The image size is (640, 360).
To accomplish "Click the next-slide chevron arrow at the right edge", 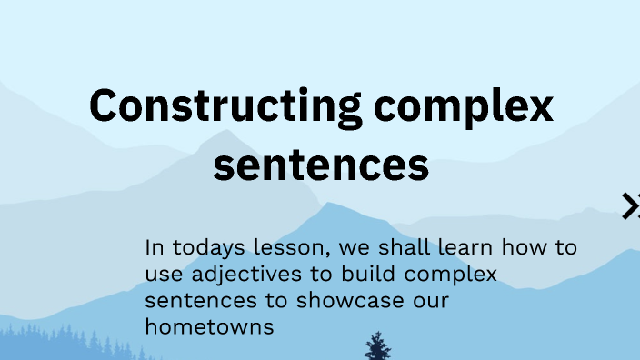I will (631, 206).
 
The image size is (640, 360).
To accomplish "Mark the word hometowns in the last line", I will (209, 326).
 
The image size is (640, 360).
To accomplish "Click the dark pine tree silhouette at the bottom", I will (377, 346).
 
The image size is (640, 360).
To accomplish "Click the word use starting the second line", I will (162, 275).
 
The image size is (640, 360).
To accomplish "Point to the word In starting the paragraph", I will (155, 247).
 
